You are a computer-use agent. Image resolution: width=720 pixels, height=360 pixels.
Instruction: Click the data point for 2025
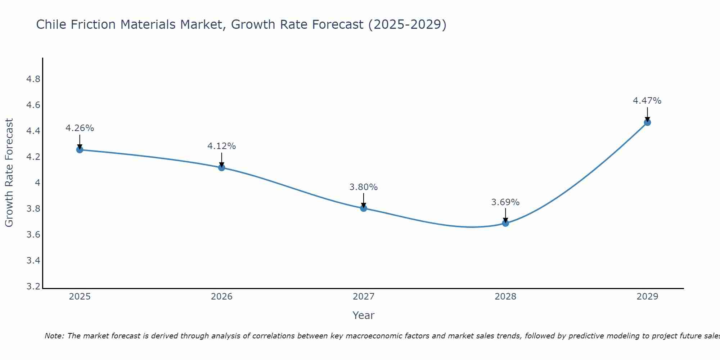pos(80,150)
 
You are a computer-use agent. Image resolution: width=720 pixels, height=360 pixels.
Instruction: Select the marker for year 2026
pos(221,168)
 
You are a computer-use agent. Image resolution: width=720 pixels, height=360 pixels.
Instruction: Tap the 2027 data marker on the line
pos(364,208)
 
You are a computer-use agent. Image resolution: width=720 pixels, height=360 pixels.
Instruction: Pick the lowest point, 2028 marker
pos(505,223)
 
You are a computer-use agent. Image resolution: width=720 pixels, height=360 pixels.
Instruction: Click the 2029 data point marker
pos(647,122)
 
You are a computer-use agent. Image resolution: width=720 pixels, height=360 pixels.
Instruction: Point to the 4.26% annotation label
pos(80,128)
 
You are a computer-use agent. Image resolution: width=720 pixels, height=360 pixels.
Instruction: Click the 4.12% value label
pos(221,146)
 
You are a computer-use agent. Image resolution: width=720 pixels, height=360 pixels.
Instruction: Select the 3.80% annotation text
pos(364,187)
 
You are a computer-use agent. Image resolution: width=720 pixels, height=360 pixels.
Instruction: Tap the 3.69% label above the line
pos(505,202)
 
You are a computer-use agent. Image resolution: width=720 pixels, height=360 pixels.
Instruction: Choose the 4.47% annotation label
pos(647,101)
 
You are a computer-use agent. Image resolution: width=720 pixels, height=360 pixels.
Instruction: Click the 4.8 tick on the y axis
pos(33,79)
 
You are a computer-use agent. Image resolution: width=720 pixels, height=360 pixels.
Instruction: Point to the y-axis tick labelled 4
pos(37,183)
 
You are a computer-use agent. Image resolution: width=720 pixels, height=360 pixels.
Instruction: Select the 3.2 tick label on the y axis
pos(33,287)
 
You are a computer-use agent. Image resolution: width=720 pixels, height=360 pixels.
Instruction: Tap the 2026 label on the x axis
pos(221,297)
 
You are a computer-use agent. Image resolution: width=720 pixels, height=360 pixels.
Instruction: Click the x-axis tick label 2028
pos(505,297)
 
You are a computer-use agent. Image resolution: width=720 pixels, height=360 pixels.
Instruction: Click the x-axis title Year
pos(363,315)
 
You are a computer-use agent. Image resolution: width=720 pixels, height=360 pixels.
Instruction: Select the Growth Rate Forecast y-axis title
pos(9,173)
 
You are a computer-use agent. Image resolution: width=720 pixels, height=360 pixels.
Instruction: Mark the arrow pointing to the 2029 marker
pos(647,114)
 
